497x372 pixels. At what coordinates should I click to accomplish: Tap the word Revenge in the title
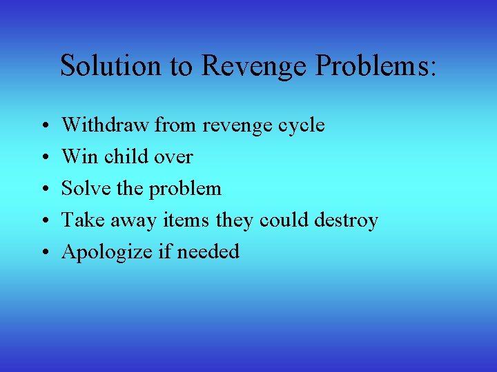(253, 67)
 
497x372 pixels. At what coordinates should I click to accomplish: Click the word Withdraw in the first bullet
(106, 125)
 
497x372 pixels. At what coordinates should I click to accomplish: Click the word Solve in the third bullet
(84, 188)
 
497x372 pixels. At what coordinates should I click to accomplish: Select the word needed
(208, 251)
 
